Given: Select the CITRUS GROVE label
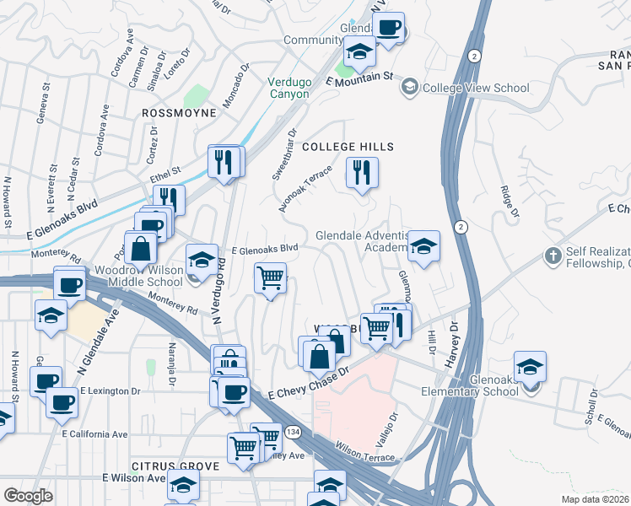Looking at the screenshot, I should click(175, 466).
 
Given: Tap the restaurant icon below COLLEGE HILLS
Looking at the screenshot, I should click(363, 173).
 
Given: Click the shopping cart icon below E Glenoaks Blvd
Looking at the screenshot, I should click(270, 277).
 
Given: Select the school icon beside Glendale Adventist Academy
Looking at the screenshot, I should click(423, 245).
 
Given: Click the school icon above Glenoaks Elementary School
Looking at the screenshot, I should click(530, 366).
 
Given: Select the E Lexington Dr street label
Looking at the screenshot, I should click(111, 392).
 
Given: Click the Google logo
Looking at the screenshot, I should click(28, 496).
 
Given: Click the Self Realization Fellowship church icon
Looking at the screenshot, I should click(553, 255).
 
